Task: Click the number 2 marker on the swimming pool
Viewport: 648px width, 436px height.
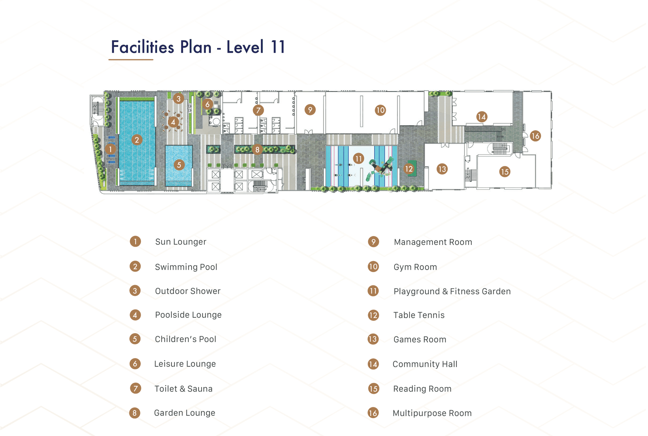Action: point(137,140)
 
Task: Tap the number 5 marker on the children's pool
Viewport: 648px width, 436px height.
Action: point(179,165)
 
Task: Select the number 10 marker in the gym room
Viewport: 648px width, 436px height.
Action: point(380,110)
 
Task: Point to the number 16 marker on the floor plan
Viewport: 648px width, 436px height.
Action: point(535,136)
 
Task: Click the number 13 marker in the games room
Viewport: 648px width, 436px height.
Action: point(442,169)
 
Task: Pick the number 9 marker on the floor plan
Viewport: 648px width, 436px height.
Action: point(310,110)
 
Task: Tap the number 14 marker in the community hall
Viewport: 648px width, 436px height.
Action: point(482,117)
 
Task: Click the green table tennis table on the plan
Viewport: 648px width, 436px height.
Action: point(413,168)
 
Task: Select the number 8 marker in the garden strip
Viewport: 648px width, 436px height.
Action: point(257,149)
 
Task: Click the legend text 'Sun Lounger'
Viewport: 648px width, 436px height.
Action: point(181,242)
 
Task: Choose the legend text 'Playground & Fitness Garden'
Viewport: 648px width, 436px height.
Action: point(452,291)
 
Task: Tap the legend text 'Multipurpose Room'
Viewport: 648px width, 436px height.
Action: point(432,413)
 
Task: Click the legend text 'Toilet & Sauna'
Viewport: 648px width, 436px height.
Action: point(183,389)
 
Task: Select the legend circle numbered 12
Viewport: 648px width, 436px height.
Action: point(373,315)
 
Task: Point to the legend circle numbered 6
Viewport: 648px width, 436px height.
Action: point(135,364)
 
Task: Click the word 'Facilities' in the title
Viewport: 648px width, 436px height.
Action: point(143,47)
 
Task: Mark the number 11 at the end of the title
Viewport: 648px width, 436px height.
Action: point(278,47)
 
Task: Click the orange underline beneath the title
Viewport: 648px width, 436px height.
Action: point(131,60)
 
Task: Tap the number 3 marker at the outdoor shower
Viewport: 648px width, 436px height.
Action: point(179,99)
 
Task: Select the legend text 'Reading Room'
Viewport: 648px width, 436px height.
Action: point(422,389)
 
